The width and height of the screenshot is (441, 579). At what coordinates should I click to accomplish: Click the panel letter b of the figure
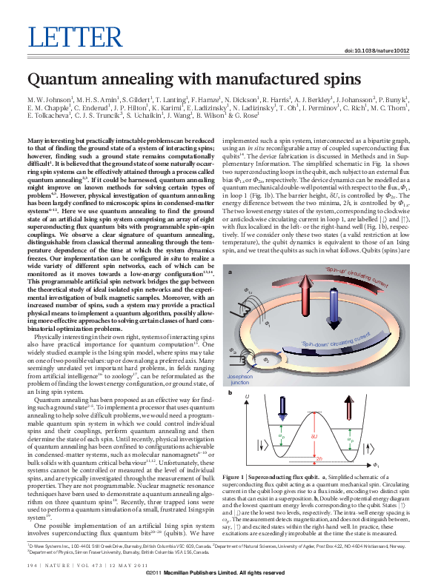pos(231,392)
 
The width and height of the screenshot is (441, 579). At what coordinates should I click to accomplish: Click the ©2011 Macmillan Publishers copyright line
pos(220,573)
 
